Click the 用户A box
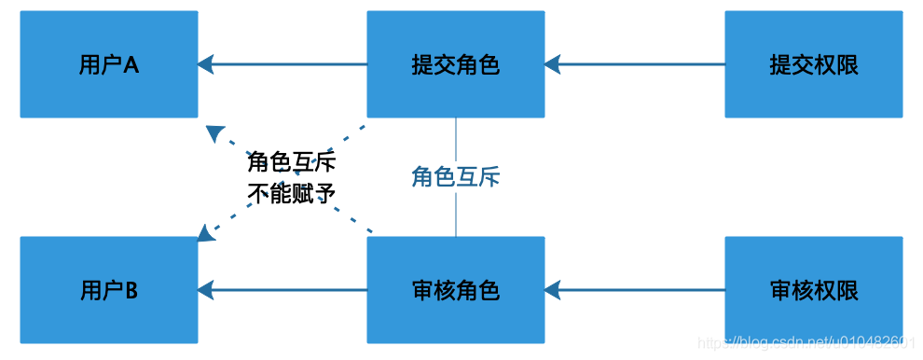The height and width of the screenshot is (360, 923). pyautogui.click(x=109, y=64)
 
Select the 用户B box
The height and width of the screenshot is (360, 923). pyautogui.click(x=109, y=290)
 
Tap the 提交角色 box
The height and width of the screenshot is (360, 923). pyautogui.click(x=455, y=64)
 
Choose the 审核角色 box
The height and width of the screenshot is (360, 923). pyautogui.click(x=455, y=290)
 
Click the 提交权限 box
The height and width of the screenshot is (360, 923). pyautogui.click(x=813, y=64)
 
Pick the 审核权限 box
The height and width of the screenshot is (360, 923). pyautogui.click(x=813, y=290)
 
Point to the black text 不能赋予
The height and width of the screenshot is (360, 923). pyautogui.click(x=291, y=193)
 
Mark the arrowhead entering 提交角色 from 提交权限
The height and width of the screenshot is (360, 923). pyautogui.click(x=554, y=64)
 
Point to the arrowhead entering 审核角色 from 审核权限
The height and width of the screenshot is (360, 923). pyautogui.click(x=554, y=290)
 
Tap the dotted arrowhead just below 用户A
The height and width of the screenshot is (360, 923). pyautogui.click(x=214, y=132)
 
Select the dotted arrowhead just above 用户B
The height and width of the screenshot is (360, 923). pyautogui.click(x=207, y=230)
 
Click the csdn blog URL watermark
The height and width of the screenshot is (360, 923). pyautogui.click(x=809, y=344)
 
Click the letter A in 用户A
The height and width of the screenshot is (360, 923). pyautogui.click(x=131, y=64)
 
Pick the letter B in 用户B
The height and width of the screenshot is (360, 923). pyautogui.click(x=131, y=290)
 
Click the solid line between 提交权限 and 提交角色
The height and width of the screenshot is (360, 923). pyautogui.click(x=643, y=64)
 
